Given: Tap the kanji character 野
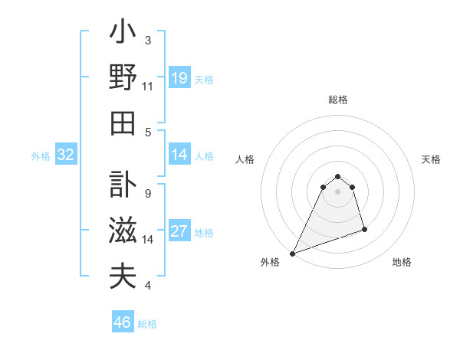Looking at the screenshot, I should [x=123, y=77].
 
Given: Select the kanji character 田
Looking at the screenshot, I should [x=123, y=123].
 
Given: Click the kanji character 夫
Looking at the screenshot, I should [x=123, y=276].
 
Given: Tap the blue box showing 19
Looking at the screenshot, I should [x=179, y=78].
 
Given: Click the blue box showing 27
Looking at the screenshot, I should [x=179, y=232].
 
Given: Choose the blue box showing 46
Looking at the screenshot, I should [x=123, y=322].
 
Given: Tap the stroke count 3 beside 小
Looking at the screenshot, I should [x=148, y=40].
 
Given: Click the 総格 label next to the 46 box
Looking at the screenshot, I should [x=147, y=324].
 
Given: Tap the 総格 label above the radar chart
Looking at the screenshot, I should [x=337, y=100].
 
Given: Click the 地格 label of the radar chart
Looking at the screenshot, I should [x=402, y=262].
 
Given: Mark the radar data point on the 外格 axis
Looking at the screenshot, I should [x=292, y=254].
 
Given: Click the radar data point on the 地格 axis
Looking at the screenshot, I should [x=364, y=229].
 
